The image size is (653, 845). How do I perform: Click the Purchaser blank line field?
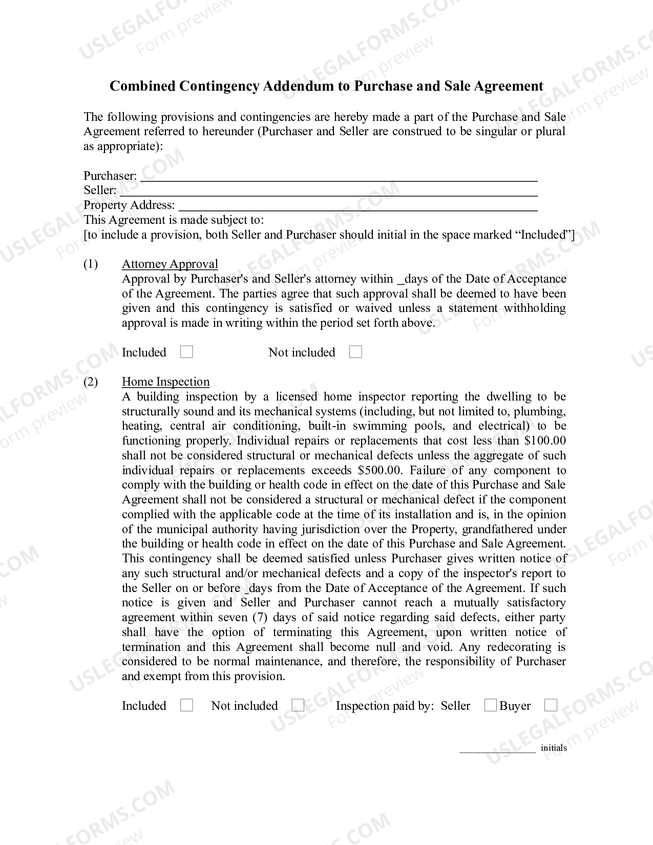click(x=339, y=177)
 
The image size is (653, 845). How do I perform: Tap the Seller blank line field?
click(x=328, y=191)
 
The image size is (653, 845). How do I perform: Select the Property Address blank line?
click(x=357, y=206)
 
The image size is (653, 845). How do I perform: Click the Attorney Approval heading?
click(x=170, y=264)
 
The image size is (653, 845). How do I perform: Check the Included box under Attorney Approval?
click(x=187, y=352)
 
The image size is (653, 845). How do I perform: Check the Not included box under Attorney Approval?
click(x=355, y=352)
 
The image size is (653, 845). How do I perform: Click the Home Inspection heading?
click(x=165, y=382)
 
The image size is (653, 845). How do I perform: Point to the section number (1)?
click(x=91, y=264)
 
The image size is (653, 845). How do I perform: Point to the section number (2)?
click(x=91, y=382)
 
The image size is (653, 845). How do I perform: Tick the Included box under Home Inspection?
click(x=187, y=706)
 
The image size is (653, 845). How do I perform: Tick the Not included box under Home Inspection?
click(x=298, y=706)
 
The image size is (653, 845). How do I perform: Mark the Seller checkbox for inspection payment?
click(x=490, y=706)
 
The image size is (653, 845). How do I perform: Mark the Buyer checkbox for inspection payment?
click(x=551, y=706)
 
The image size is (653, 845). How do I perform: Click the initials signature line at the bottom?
click(x=497, y=749)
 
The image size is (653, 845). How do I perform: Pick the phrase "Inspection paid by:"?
click(x=385, y=706)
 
